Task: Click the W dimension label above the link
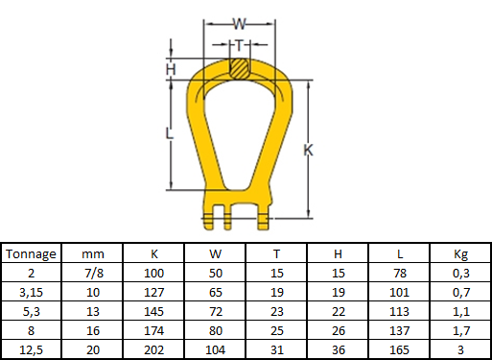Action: [240, 23]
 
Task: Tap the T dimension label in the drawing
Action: [240, 45]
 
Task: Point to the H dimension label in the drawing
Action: [171, 69]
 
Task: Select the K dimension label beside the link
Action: [308, 150]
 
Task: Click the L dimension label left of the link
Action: [169, 133]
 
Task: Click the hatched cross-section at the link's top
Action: [240, 68]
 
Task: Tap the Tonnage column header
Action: [31, 254]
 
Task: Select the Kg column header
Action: [460, 254]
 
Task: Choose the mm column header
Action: [93, 254]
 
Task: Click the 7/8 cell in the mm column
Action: [94, 273]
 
